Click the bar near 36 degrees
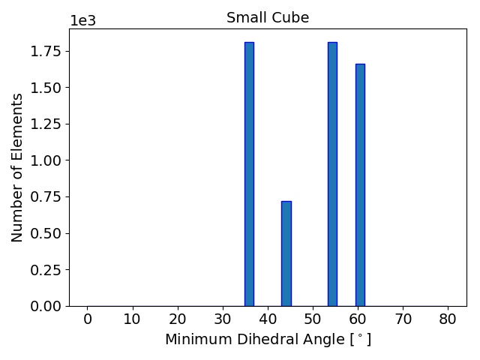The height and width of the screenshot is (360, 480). pos(249,174)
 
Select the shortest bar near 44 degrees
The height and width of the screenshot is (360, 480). pos(286,253)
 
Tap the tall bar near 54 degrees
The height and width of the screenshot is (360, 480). pos(332,174)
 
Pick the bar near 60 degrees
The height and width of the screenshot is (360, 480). pos(360,184)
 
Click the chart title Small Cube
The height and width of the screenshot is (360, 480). pos(268,18)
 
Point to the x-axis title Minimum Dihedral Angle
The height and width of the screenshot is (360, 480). pos(268,340)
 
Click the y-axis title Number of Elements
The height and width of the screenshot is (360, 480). pos(18,167)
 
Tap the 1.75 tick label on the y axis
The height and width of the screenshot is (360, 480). pos(46,52)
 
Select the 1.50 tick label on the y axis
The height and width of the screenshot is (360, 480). pos(46,88)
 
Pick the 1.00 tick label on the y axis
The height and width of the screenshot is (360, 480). pos(46,160)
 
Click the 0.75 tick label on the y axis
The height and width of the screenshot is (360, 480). pos(46,197)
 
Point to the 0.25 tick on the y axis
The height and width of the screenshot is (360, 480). pos(46,270)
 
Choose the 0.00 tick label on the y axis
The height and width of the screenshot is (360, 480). pos(46,306)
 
